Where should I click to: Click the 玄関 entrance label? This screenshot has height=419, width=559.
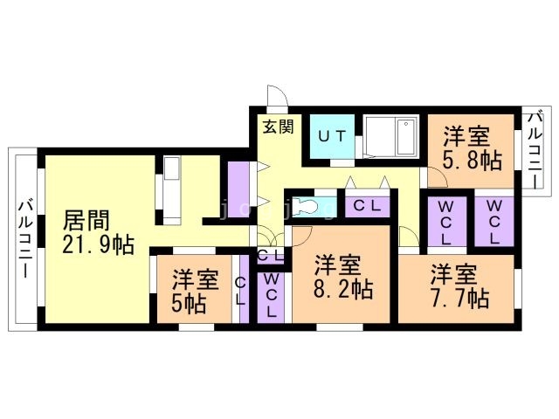pos(278,126)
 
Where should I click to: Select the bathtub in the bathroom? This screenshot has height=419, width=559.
pos(393,137)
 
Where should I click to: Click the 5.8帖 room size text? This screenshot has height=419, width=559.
pos(471,161)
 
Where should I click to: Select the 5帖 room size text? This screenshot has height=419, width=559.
pos(188,305)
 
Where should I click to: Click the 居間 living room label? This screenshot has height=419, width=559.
pos(86,219)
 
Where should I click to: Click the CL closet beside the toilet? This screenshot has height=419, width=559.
pos(365,207)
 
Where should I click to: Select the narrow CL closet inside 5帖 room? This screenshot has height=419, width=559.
pos(240,289)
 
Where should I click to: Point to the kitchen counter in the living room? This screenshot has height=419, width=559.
pos(171,188)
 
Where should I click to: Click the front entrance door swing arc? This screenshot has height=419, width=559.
pos(276,95)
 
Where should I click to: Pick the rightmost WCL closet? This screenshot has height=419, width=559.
pos(493,222)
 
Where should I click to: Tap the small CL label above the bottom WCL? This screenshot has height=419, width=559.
pos(269,256)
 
